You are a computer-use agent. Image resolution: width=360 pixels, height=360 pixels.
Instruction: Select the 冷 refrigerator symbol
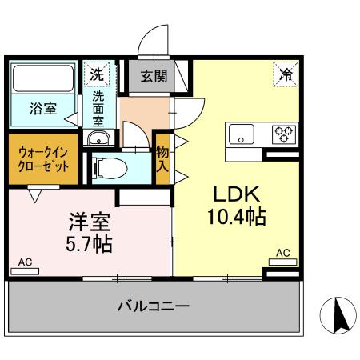pyautogui.click(x=286, y=74)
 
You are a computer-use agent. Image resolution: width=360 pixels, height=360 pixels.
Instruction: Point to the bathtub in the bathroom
pyautogui.click(x=43, y=80)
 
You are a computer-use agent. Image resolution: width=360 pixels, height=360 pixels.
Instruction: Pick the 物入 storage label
pyautogui.click(x=162, y=159)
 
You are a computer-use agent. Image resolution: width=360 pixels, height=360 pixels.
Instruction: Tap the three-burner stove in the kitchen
pyautogui.click(x=283, y=134)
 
